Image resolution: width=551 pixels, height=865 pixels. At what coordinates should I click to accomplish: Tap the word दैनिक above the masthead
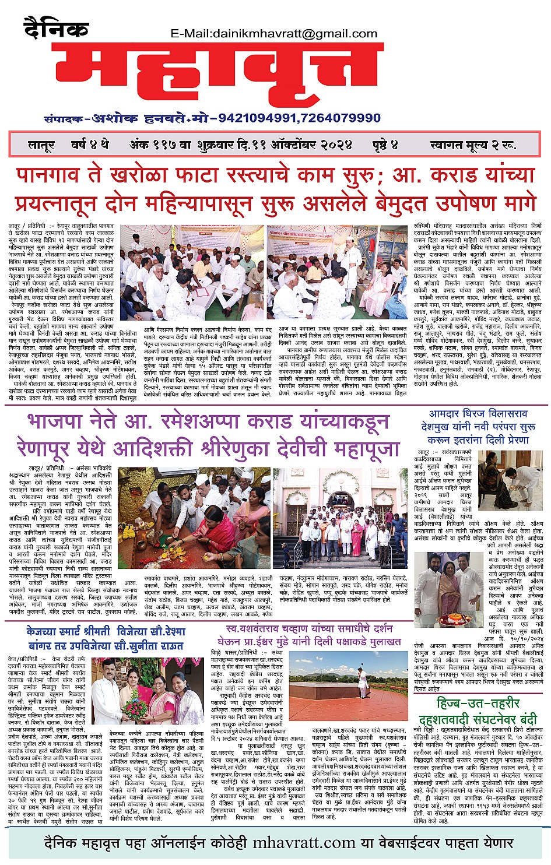(x=57, y=27)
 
